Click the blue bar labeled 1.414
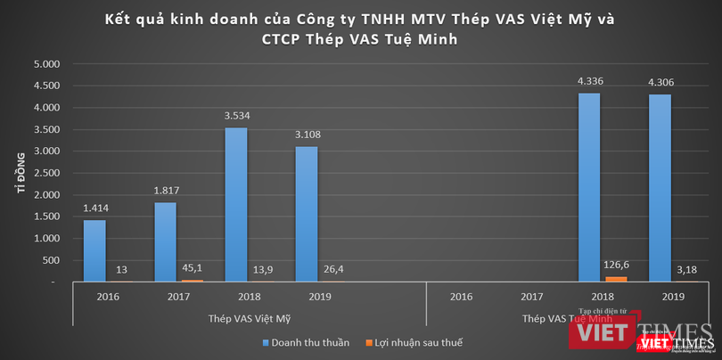tap(94, 250)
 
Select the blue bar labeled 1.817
tap(166, 241)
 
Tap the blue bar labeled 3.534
tap(235, 204)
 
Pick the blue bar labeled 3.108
tap(306, 214)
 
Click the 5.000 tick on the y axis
tap(46, 65)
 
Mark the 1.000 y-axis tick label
tap(46, 239)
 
